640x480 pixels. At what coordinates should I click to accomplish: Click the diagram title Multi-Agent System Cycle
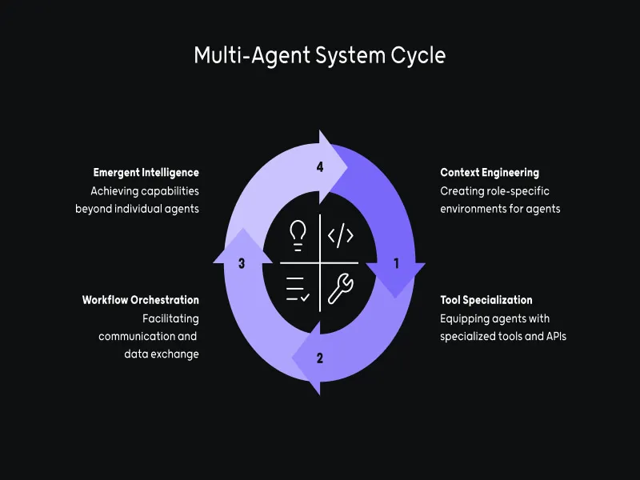[x=320, y=56]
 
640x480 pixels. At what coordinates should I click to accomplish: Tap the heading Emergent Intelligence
[x=146, y=172]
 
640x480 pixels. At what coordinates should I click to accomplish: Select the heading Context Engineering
[x=490, y=172]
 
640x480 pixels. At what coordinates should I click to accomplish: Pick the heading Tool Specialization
[x=486, y=300]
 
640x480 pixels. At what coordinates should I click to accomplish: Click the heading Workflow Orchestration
[x=140, y=300]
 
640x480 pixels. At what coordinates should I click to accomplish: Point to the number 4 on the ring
[x=320, y=167]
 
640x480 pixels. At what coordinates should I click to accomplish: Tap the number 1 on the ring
[x=396, y=262]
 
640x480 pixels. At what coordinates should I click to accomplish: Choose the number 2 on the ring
[x=320, y=358]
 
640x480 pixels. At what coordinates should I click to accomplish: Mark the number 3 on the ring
[x=242, y=262]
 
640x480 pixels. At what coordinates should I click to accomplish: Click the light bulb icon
[x=298, y=234]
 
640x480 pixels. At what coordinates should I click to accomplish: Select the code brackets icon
[x=341, y=235]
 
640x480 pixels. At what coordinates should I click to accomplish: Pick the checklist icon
[x=298, y=288]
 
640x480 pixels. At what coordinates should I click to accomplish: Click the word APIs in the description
[x=552, y=337]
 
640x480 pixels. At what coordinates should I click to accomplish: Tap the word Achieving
[x=113, y=191]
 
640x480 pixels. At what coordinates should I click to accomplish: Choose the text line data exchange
[x=162, y=354]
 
